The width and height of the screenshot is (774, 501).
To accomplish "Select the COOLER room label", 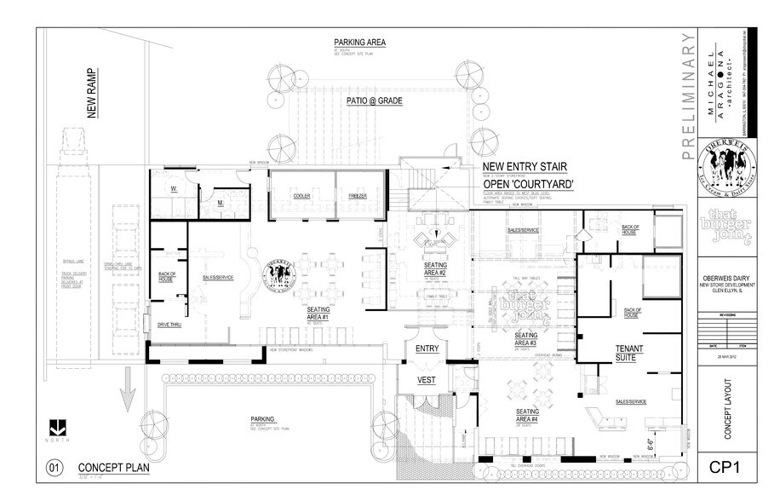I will (301, 196).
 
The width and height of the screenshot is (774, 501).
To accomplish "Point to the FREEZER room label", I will (358, 196).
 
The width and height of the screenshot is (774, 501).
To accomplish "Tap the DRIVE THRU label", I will (169, 325).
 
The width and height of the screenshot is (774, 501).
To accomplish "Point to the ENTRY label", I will (426, 349).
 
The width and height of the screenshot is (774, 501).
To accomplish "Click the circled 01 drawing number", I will (54, 468).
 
